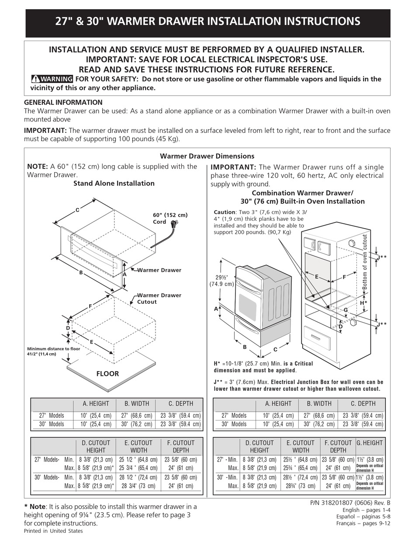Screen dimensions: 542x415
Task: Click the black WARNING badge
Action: (52, 79)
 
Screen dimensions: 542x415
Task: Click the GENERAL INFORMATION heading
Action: (63, 103)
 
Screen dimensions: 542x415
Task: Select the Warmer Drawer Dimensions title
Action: (207, 156)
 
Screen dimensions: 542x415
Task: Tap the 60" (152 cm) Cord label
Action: (169, 218)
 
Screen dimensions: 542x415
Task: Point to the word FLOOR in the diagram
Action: (107, 374)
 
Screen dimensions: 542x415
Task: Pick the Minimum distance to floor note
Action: (54, 351)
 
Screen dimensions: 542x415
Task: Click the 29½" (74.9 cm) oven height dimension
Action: (224, 281)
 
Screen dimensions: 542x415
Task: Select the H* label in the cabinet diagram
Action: (363, 302)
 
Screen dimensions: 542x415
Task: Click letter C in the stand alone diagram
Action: (77, 210)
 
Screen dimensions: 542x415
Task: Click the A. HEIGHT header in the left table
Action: (96, 403)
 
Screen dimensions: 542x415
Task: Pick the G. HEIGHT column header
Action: (370, 443)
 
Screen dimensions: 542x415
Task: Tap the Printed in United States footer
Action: (53, 531)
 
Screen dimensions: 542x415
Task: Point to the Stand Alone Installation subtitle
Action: (114, 184)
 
